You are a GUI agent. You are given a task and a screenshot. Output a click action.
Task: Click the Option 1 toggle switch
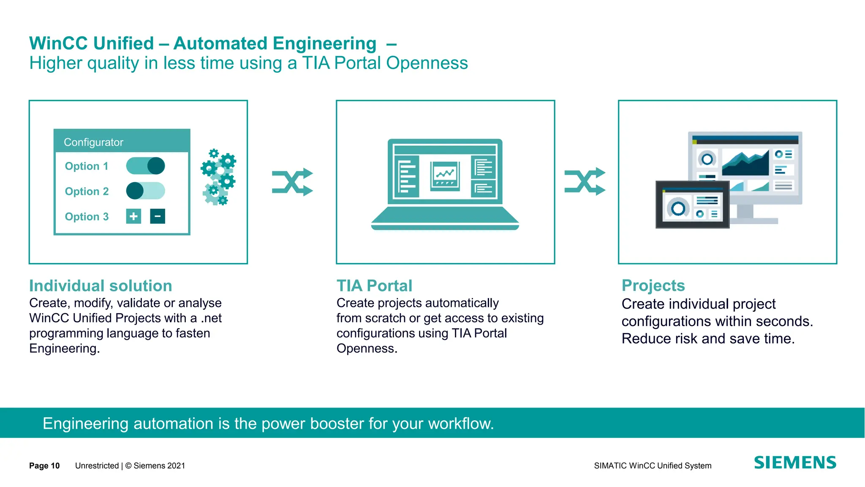145,166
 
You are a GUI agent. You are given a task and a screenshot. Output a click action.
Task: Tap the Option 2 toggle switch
145,191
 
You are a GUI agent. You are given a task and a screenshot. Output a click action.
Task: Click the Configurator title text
93,142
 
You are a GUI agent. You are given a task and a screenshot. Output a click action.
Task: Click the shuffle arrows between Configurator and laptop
292,182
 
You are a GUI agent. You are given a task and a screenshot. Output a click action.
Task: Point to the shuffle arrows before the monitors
585,181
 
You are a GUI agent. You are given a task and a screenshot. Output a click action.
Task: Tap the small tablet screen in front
692,205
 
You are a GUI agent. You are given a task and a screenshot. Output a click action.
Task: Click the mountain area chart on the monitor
745,163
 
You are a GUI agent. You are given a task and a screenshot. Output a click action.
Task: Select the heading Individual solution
101,286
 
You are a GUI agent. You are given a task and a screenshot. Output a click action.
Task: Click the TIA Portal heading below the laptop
374,286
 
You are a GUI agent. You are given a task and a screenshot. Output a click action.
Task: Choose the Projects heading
653,285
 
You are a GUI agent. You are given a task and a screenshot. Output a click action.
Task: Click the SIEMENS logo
795,462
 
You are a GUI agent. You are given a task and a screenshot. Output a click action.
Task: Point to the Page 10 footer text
44,465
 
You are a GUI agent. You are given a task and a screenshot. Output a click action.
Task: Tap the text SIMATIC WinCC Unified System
653,465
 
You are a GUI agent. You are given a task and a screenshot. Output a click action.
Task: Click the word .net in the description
211,318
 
